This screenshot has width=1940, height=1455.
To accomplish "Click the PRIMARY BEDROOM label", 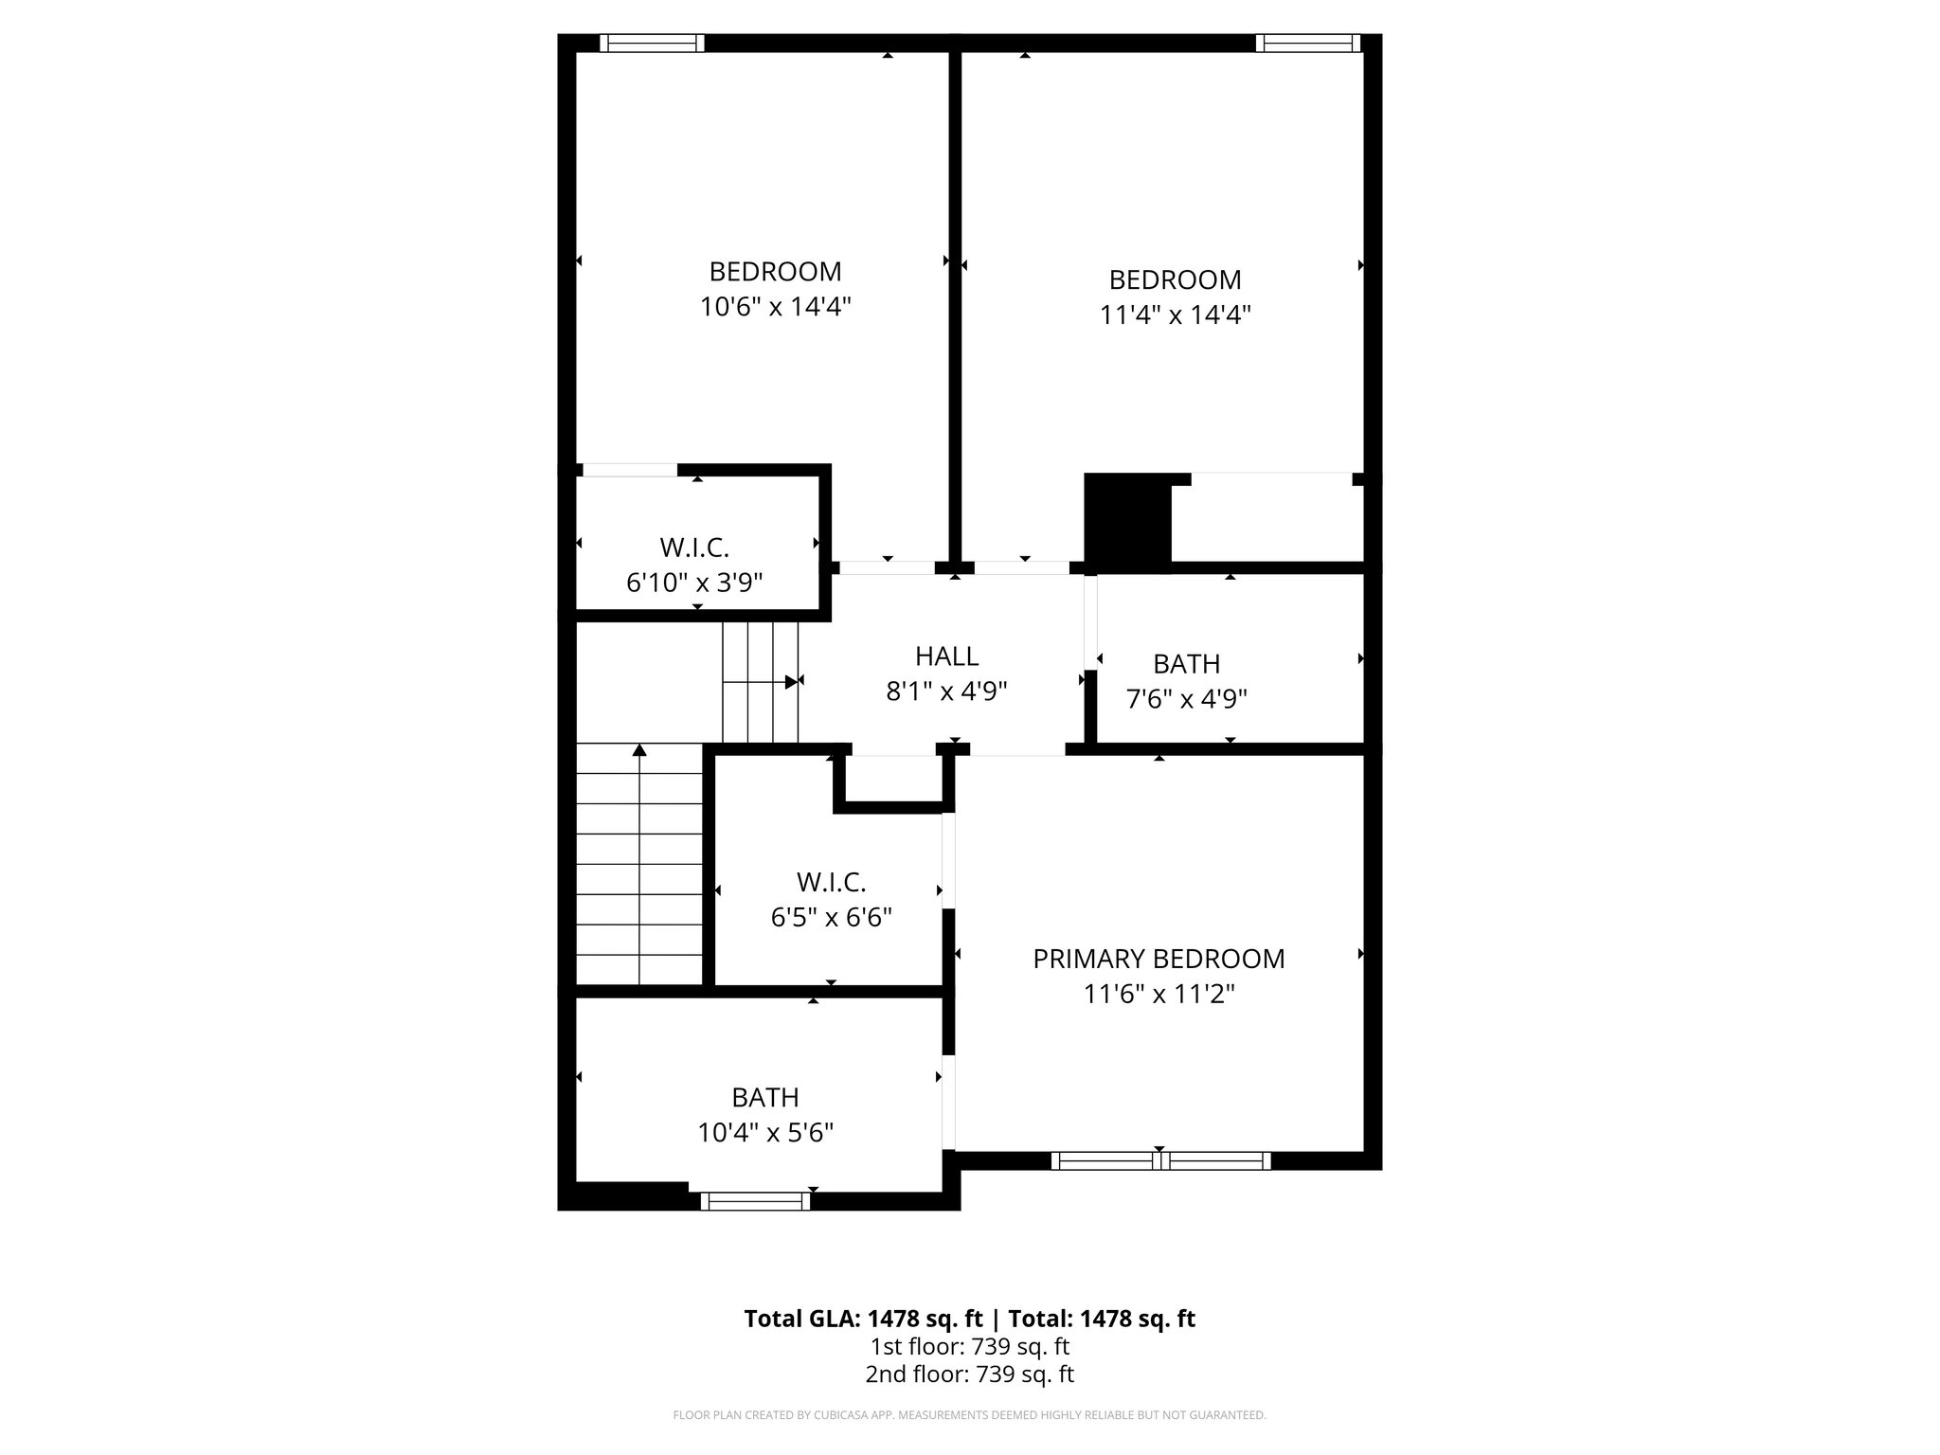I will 1159,959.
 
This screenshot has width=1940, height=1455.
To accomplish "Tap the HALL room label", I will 946,656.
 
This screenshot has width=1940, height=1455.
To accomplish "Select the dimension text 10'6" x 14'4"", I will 776,307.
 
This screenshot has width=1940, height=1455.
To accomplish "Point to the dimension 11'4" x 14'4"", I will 1175,314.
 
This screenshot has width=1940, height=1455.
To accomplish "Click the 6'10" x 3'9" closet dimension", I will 694,583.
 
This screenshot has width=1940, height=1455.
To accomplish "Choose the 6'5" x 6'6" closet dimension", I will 831,917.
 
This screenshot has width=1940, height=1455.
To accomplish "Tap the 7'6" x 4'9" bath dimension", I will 1186,699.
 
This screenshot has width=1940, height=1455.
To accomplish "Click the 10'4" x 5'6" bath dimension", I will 765,1133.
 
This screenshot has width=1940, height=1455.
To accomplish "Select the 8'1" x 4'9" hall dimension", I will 946,692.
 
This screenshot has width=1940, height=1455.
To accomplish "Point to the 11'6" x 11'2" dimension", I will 1159,995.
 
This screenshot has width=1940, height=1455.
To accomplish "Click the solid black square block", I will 1127,522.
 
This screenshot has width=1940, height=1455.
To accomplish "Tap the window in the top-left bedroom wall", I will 652,43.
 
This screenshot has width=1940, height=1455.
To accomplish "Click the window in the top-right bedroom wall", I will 1307,43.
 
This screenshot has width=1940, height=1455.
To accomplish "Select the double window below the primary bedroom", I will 1160,1160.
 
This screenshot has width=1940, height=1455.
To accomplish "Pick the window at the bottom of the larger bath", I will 755,1201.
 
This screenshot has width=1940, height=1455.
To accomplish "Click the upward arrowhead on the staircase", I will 639,750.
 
